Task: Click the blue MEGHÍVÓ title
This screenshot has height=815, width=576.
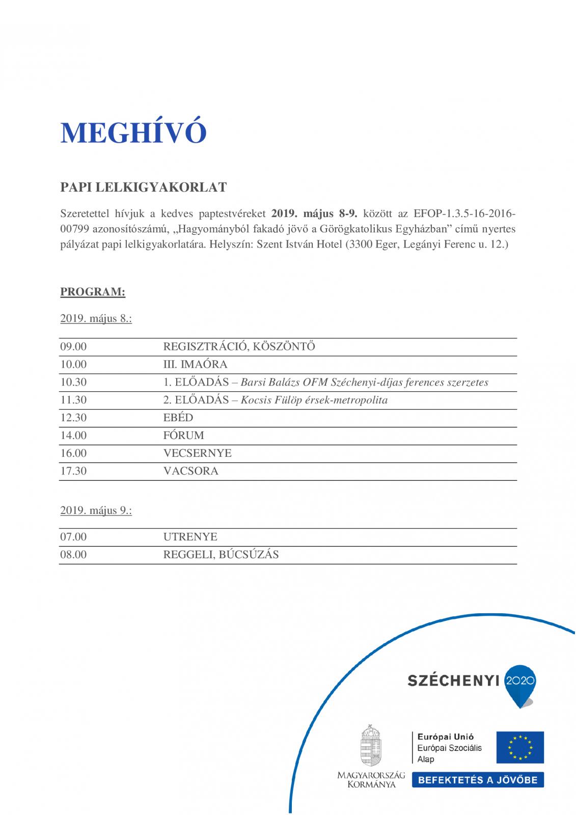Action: tap(133, 133)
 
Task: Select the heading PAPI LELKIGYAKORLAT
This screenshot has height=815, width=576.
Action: tap(143, 187)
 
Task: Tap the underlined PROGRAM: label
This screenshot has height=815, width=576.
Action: tap(93, 292)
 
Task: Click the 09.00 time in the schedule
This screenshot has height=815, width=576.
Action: tap(73, 347)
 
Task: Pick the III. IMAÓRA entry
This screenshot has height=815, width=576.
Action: tap(195, 365)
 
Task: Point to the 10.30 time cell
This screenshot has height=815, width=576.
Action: tap(73, 383)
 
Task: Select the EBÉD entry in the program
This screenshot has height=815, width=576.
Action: tap(178, 418)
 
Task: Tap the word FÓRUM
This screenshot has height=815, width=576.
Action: tap(183, 436)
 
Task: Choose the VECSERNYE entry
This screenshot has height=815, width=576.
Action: tap(197, 453)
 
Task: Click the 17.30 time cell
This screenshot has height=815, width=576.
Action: tap(73, 471)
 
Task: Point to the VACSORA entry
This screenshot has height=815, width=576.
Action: tap(190, 471)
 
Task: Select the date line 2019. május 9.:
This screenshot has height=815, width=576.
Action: tap(96, 510)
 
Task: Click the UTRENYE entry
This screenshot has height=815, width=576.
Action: tap(190, 537)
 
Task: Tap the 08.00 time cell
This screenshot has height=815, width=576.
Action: tap(73, 555)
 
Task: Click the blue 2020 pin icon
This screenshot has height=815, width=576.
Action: tap(519, 684)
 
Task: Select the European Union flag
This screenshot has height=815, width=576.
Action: tap(520, 747)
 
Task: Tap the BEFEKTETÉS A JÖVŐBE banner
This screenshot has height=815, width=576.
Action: tap(478, 780)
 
